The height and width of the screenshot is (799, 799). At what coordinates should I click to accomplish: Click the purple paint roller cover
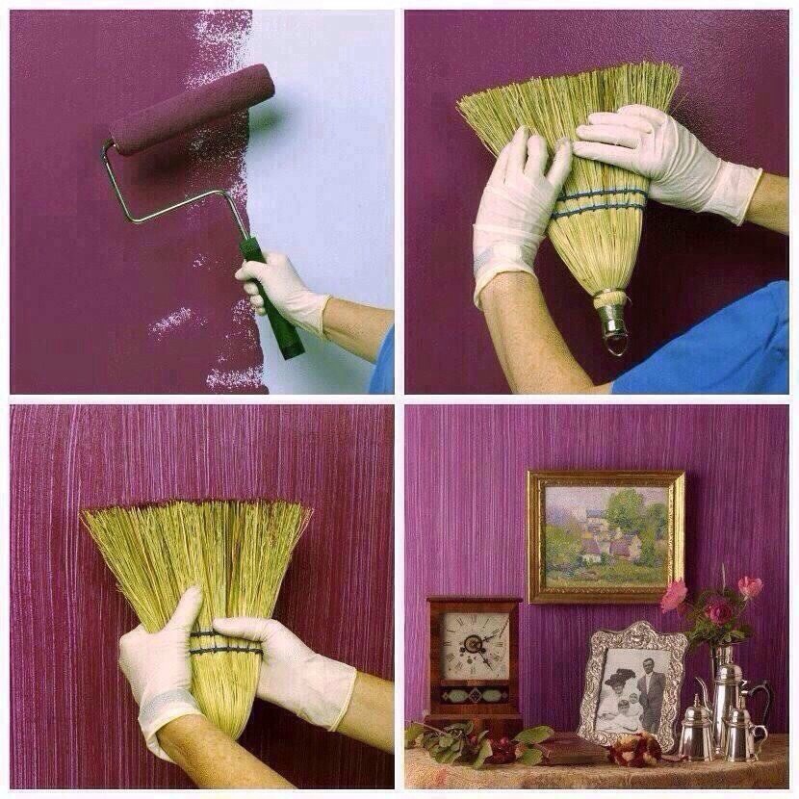point(191,108)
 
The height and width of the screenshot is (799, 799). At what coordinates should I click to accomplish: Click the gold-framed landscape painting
point(606,537)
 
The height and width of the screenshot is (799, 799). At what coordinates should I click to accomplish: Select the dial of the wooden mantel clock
point(474,640)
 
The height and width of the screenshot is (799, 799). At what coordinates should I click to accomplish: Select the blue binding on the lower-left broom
point(227,643)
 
